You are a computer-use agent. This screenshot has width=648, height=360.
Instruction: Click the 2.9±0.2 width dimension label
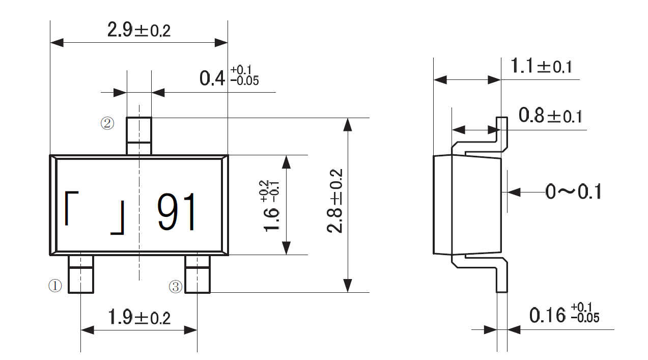point(138,30)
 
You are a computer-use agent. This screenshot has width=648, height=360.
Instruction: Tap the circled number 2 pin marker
point(107,123)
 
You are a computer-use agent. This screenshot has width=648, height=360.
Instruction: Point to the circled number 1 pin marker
point(55,286)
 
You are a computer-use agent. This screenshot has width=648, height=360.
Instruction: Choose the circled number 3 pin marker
point(175,287)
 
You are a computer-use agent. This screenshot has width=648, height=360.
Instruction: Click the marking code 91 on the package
point(177,212)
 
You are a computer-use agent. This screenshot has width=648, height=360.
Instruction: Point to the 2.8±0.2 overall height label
point(335,201)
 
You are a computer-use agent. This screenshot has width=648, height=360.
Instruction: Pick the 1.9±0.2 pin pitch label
point(138,318)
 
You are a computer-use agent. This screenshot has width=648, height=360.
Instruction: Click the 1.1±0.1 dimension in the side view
point(541,66)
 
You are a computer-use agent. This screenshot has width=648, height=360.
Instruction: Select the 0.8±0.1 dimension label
point(550,116)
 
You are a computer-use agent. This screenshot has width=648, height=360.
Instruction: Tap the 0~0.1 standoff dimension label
point(573,192)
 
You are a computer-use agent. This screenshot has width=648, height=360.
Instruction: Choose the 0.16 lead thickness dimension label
point(563,315)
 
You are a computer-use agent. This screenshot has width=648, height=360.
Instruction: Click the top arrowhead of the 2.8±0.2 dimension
point(348,125)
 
